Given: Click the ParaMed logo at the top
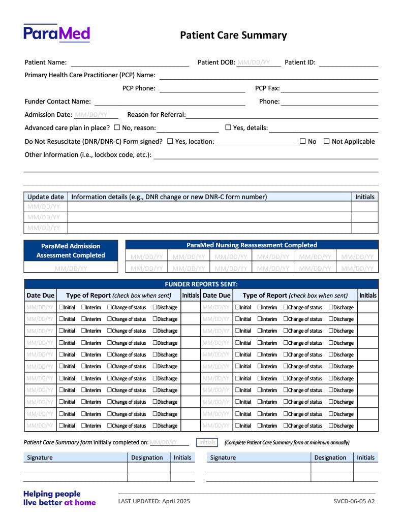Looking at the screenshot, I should [x=56, y=34].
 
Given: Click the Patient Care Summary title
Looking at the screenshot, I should [x=233, y=35].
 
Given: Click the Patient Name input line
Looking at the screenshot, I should [x=130, y=62].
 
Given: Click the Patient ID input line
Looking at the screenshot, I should [x=348, y=62].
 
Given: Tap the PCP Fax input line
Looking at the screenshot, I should [x=329, y=88].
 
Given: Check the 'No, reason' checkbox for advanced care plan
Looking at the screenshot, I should [x=117, y=128].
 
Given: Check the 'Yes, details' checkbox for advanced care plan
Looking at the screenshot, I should [x=228, y=128].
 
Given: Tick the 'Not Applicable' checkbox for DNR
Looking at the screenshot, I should [x=327, y=142].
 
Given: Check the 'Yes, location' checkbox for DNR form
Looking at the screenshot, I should [x=170, y=142].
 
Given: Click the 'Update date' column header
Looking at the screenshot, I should [x=46, y=197].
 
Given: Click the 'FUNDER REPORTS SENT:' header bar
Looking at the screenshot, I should [x=201, y=284].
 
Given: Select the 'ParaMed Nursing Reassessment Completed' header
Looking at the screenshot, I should [x=252, y=245].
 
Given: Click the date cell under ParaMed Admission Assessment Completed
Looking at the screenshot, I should [x=71, y=268].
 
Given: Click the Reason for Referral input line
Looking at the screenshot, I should [x=282, y=115].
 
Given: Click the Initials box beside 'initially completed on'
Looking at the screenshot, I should [x=207, y=442].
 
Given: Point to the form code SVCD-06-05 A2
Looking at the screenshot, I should [x=351, y=501].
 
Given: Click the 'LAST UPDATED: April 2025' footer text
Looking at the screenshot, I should [x=154, y=501].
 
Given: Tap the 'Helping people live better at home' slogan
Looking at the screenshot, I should [x=59, y=498].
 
